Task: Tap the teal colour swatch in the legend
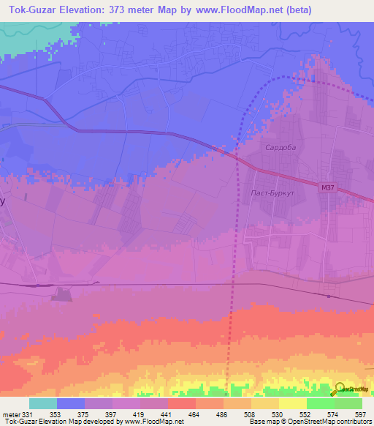point(43,403)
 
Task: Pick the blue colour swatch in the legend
point(71,403)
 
